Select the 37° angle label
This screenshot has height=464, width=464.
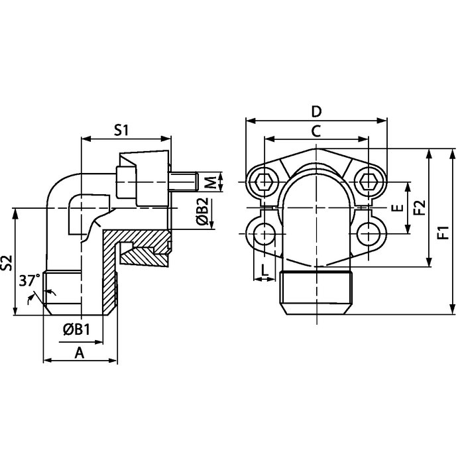pyautogui.click(x=28, y=281)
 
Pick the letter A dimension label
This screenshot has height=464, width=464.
pyautogui.click(x=80, y=353)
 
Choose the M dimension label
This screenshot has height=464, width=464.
pyautogui.click(x=208, y=182)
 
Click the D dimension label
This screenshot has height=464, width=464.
pyautogui.click(x=316, y=111)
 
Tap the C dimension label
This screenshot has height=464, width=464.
pyautogui.click(x=316, y=131)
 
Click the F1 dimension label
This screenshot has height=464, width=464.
pyautogui.click(x=443, y=232)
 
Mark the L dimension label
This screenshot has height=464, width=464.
pyautogui.click(x=264, y=270)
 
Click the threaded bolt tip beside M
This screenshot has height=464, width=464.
pyautogui.click(x=185, y=181)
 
